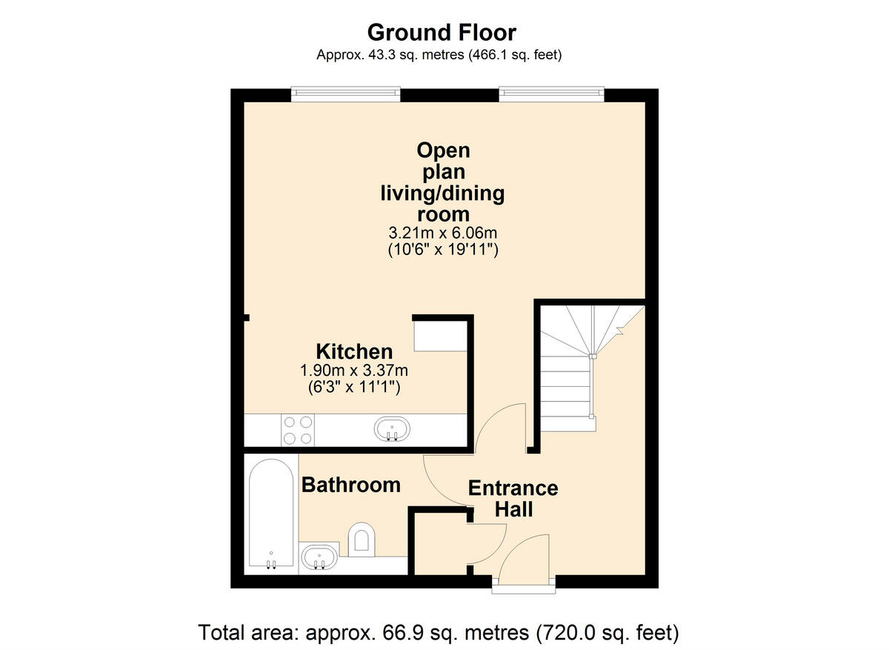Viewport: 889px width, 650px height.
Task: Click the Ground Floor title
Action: click(x=442, y=33)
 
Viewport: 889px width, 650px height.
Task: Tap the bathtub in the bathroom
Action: click(x=271, y=515)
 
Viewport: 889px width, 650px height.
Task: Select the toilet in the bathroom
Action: click(x=361, y=537)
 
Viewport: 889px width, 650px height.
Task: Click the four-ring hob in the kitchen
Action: click(x=298, y=429)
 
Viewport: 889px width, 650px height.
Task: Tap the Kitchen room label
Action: click(x=354, y=351)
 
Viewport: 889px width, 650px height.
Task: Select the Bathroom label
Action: click(x=350, y=485)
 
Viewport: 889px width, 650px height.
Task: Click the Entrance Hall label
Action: click(x=513, y=499)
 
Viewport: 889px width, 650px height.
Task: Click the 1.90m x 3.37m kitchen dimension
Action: click(x=354, y=370)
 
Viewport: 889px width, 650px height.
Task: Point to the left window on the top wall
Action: click(x=345, y=93)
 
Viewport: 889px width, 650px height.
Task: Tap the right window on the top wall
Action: click(x=551, y=93)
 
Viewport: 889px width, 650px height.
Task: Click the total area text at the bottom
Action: click(x=439, y=633)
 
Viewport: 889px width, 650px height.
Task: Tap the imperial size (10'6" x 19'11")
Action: click(x=443, y=251)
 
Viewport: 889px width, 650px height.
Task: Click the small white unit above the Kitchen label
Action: click(x=439, y=335)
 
